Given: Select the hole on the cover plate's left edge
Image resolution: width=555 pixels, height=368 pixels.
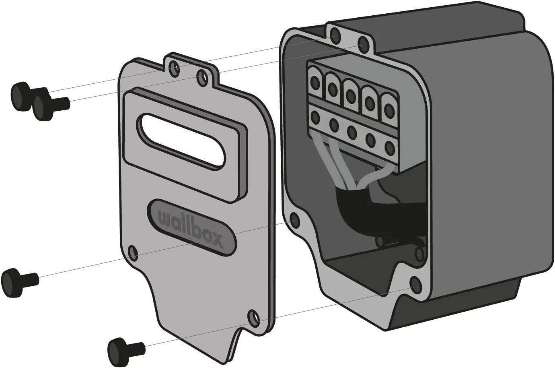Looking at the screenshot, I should (x=133, y=253).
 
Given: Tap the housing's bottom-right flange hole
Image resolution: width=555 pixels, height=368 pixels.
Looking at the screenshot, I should (x=415, y=284).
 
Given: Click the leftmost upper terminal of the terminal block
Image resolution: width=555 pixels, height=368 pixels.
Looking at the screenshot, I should (x=315, y=82).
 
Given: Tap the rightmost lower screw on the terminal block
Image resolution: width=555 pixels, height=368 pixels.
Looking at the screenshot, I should (x=389, y=147).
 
